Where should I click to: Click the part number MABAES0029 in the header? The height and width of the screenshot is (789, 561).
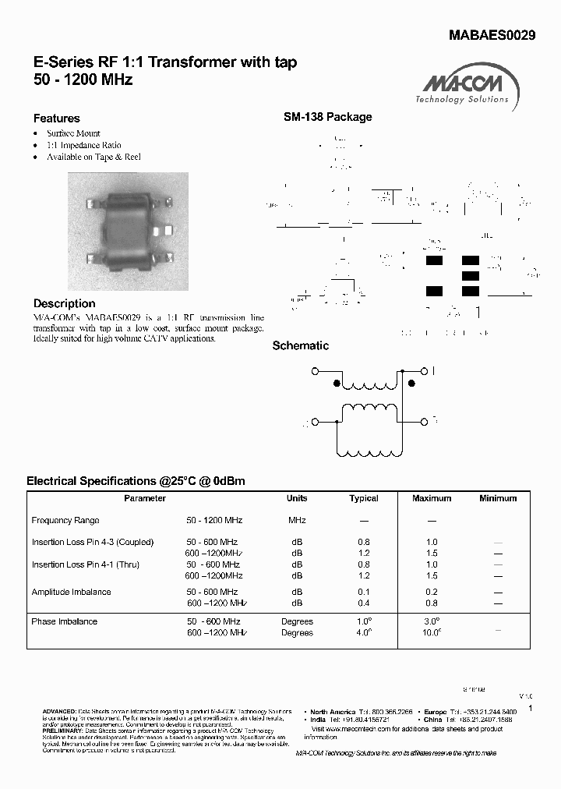pyautogui.click(x=492, y=35)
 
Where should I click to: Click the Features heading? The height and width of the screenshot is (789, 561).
pyautogui.click(x=56, y=119)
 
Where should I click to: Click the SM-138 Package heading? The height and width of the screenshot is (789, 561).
pyautogui.click(x=327, y=117)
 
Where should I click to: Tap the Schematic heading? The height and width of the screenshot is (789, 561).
pyautogui.click(x=300, y=345)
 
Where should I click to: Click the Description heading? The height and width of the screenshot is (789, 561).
pyautogui.click(x=64, y=303)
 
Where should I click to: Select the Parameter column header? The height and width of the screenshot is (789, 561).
pyautogui.click(x=145, y=498)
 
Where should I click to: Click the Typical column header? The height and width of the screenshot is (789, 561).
pyautogui.click(x=364, y=498)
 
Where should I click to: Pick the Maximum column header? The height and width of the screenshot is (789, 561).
pyautogui.click(x=432, y=498)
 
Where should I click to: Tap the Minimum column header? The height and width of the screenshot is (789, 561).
pyautogui.click(x=498, y=498)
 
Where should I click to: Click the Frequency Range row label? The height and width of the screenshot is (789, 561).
pyautogui.click(x=65, y=520)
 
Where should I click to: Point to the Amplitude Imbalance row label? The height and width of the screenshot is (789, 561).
pyautogui.click(x=71, y=592)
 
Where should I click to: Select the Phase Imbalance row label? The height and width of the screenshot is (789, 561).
pyautogui.click(x=64, y=621)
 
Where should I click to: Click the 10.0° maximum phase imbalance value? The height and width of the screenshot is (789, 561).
pyautogui.click(x=432, y=632)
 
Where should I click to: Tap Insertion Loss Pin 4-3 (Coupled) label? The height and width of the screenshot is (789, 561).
pyautogui.click(x=93, y=542)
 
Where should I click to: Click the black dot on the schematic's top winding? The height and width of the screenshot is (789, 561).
pyautogui.click(x=337, y=384)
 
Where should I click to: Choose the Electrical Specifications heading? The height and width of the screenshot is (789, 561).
pyautogui.click(x=136, y=481)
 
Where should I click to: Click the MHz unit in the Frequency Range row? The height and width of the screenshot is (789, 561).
pyautogui.click(x=297, y=520)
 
